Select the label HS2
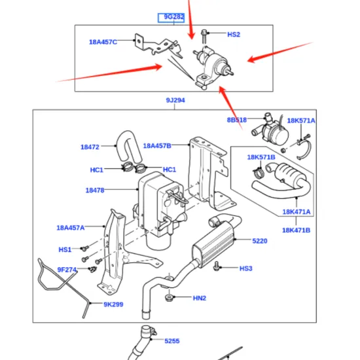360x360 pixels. click(x=234, y=34)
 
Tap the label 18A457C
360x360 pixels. click(x=103, y=42)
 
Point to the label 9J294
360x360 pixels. click(x=175, y=100)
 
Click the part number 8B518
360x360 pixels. click(x=237, y=120)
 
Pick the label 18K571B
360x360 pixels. click(x=261, y=157)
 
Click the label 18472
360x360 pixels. click(x=90, y=147)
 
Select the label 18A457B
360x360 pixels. click(x=156, y=145)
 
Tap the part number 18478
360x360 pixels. click(x=95, y=190)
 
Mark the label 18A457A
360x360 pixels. click(x=70, y=228)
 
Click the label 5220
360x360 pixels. click(x=260, y=241)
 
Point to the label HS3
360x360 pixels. click(x=245, y=268)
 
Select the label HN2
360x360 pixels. click(x=199, y=298)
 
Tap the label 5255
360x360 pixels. click(x=171, y=341)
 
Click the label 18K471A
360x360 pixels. click(x=297, y=212)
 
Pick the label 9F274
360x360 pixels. click(x=67, y=269)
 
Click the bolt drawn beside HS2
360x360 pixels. click(x=205, y=33)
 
